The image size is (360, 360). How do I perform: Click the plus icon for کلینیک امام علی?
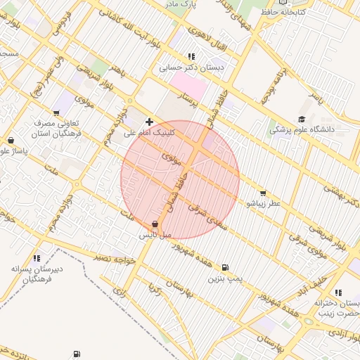pos(149,122)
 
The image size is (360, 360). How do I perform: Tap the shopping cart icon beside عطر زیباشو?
pos(262,193)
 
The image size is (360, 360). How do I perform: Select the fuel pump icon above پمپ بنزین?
pos(224,268)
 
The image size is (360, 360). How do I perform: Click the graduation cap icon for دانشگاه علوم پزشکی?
pos(302,120)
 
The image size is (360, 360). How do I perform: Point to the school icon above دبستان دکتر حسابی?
pos(191,57)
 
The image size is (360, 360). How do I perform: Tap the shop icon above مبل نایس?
pos(155,224)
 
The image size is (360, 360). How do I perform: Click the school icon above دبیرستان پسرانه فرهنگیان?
pos(36,258)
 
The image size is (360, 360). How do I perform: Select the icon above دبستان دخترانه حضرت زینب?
pos(338,292)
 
